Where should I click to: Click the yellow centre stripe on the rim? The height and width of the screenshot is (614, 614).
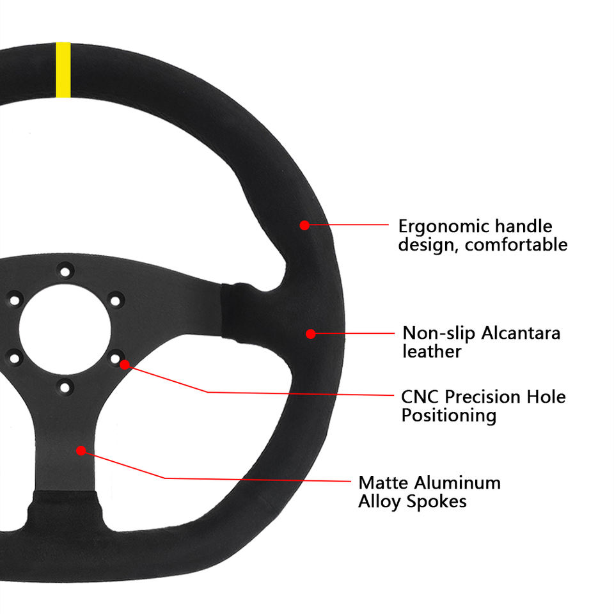pos(63,70)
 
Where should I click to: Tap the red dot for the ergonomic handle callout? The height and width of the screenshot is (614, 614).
pos(304,224)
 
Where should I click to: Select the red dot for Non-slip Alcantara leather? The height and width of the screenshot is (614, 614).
pos(310,333)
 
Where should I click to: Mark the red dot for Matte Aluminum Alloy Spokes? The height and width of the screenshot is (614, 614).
pos(81,450)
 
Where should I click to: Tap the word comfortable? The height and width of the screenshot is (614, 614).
pos(516,244)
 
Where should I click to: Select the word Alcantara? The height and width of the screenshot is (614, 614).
pos(521,333)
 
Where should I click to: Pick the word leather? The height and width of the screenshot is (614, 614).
pos(432,351)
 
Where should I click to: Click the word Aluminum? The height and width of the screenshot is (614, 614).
pos(457,482)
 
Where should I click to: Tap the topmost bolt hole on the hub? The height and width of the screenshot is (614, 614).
pos(65,269)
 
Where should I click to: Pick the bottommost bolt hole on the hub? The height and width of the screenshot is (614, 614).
pos(65,386)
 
